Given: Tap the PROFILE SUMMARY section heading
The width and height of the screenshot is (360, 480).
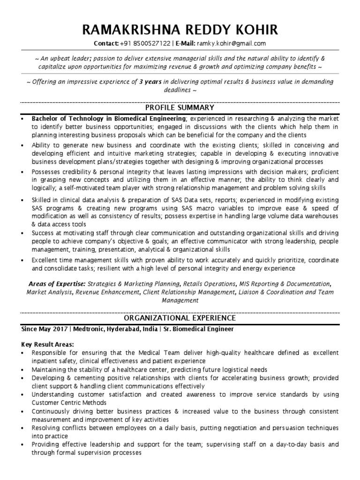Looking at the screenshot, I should tap(180, 107).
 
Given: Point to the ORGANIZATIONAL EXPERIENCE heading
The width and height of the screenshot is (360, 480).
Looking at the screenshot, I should tap(180, 318).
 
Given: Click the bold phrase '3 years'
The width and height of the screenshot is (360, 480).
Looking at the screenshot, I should tap(150, 82).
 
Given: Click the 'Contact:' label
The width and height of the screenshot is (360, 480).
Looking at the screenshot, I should tap(106, 44).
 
